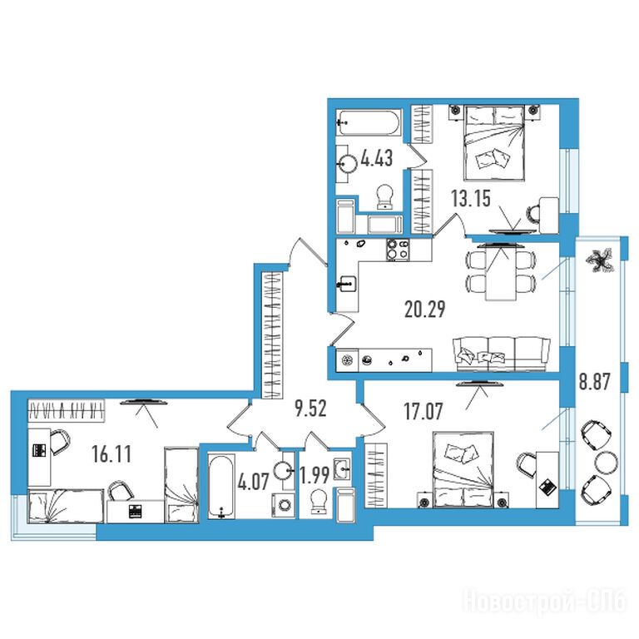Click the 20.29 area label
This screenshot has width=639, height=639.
click(424, 309)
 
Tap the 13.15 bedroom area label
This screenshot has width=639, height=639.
click(471, 199)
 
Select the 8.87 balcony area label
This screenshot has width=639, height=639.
click(595, 382)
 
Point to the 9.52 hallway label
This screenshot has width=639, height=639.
click(311, 409)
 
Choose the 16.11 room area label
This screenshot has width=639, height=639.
click(111, 454)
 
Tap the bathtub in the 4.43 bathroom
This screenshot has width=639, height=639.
click(369, 121)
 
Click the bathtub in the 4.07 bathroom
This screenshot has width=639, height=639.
click(221, 486)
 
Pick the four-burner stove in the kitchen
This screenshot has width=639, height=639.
click(398, 250)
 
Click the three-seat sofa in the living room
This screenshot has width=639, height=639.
click(501, 354)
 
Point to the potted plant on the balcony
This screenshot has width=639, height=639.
click(599, 260)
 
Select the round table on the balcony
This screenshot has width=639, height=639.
click(606, 462)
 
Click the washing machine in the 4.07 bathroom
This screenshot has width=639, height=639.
click(283, 505)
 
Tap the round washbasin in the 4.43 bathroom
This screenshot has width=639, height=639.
click(347, 164)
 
